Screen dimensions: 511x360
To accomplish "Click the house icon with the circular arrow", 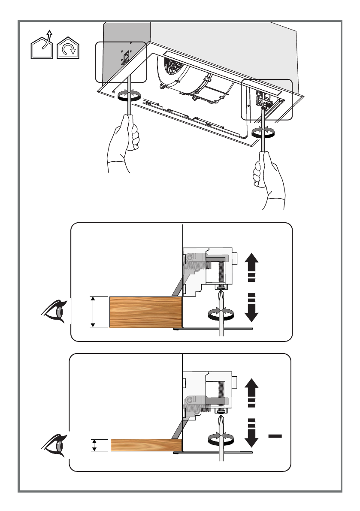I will coord(68,48).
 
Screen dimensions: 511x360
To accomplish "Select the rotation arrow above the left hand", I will coord(129,95).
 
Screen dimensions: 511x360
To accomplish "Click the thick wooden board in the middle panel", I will coord(145,312).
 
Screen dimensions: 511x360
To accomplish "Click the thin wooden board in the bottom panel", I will coord(146,445).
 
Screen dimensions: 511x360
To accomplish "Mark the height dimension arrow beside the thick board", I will coord(93,312).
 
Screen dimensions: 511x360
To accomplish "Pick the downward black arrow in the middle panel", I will coord(251,307).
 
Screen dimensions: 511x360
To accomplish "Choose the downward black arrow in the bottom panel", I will coord(251,432).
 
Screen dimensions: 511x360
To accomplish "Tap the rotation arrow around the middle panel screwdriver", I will coord(222,313).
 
